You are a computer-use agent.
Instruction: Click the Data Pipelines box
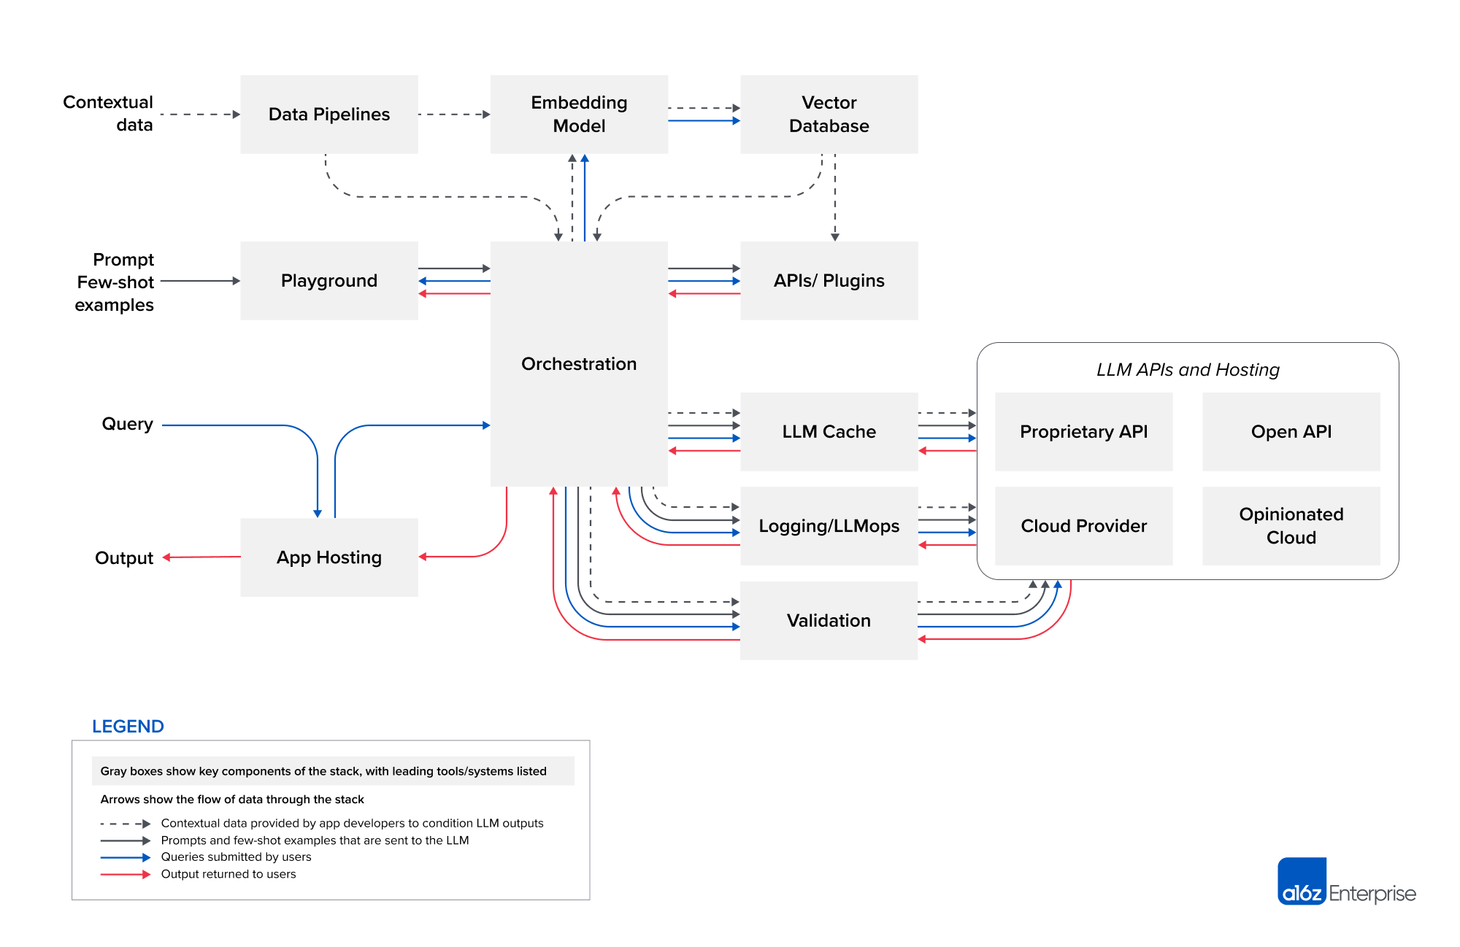point(328,115)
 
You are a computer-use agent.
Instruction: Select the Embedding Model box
point(579,115)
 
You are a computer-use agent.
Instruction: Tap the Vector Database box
point(829,115)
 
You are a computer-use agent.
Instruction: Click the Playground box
point(328,281)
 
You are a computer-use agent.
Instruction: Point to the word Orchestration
point(579,364)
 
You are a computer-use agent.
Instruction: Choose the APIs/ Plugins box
point(829,281)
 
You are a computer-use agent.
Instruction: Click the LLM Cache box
point(829,432)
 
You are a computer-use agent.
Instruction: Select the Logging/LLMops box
point(829,526)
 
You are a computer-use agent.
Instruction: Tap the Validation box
point(829,621)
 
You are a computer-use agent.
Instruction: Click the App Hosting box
point(328,557)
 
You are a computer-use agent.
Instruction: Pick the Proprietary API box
point(1083,432)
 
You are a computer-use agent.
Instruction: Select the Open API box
point(1291,432)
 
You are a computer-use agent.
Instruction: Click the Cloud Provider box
point(1083,526)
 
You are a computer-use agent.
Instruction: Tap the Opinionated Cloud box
point(1291,526)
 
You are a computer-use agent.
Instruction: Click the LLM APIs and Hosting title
point(1188,370)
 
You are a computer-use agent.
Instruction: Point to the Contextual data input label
point(109,113)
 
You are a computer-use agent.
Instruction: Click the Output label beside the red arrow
point(124,558)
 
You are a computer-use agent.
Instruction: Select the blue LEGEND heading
point(128,727)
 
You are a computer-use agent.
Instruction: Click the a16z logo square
point(1302,881)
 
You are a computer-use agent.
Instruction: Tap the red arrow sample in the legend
point(125,874)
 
